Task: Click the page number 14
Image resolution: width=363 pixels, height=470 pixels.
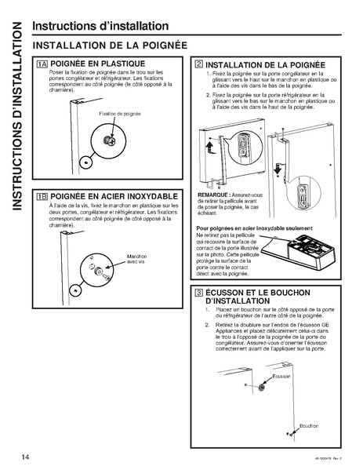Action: (x=15, y=454)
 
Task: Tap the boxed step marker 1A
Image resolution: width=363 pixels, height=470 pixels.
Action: (x=42, y=63)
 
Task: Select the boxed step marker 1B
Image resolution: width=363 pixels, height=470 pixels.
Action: (x=42, y=195)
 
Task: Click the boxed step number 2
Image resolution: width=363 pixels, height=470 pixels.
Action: (x=199, y=63)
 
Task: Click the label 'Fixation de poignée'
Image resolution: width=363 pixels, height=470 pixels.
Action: (x=120, y=114)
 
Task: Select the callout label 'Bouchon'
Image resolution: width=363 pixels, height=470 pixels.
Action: (x=308, y=425)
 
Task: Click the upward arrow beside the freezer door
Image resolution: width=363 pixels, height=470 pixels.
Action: (x=209, y=148)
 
